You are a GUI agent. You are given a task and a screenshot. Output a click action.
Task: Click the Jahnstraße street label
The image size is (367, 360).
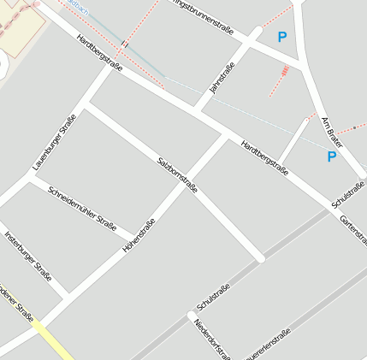(222, 79)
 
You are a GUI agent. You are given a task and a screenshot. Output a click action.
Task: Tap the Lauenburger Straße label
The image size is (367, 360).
(55, 142)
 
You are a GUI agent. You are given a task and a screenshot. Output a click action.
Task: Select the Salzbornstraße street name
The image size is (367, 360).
(177, 174)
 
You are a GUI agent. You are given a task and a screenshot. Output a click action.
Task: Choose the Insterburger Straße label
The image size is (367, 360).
(28, 256)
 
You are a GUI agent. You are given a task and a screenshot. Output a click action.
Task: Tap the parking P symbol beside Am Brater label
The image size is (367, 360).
(332, 156)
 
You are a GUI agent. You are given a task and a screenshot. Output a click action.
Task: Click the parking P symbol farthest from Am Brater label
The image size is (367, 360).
(282, 37)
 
